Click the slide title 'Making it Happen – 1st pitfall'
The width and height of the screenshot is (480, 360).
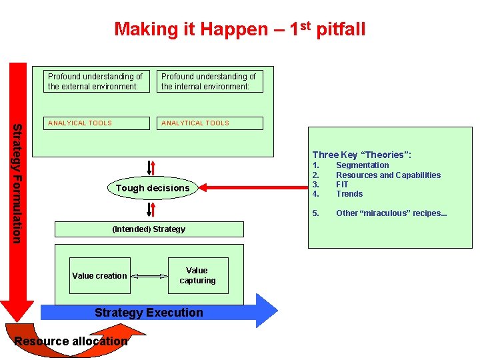point(240,29)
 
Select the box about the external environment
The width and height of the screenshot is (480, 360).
point(95,81)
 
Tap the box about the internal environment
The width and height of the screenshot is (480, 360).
point(209,81)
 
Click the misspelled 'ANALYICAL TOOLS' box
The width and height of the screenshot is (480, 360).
point(95,123)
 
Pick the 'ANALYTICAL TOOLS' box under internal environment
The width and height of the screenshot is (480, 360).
point(209,123)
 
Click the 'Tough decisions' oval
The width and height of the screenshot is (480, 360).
point(153,188)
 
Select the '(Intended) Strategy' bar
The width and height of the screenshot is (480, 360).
point(149,229)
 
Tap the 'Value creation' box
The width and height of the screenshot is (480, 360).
point(99,275)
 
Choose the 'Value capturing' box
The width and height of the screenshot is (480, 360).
point(197,275)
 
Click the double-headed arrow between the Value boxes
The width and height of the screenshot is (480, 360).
point(147,275)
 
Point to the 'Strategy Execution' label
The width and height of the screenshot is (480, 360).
point(149,312)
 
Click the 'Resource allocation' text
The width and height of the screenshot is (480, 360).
point(71,341)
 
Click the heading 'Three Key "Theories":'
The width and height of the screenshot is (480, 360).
point(362,155)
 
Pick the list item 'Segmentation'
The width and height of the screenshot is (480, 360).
point(362,165)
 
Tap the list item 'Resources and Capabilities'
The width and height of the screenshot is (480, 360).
point(388,175)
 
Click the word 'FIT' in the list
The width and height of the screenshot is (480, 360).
point(342,185)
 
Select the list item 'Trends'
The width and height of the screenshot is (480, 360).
point(349,194)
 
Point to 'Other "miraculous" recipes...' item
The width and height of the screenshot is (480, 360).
point(391,213)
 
